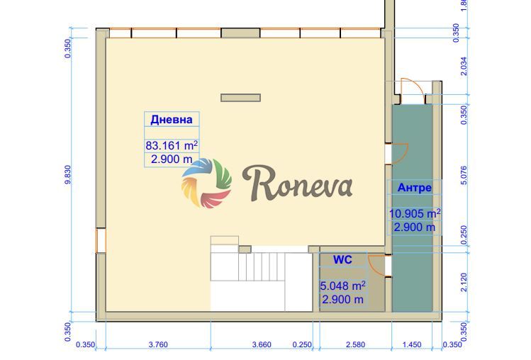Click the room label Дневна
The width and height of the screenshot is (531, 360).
click(x=172, y=120)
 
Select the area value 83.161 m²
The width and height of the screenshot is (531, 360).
click(x=172, y=145)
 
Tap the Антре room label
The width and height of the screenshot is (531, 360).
click(x=415, y=187)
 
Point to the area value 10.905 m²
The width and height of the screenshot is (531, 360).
click(x=415, y=213)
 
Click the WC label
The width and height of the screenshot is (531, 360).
click(x=342, y=260)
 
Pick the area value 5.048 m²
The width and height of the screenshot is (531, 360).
click(x=342, y=286)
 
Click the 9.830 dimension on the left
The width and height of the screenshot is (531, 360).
click(x=68, y=174)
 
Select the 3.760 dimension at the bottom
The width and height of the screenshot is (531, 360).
click(x=158, y=344)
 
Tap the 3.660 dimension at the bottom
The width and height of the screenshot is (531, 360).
click(x=262, y=344)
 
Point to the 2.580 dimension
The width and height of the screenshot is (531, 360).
click(x=356, y=344)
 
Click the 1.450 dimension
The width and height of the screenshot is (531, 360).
click(x=412, y=344)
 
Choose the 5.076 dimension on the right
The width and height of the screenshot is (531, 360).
click(x=464, y=175)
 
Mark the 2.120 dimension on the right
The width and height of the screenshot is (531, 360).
click(x=464, y=282)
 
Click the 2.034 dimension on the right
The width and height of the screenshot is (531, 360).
click(x=464, y=66)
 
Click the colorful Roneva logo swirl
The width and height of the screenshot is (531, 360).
click(x=206, y=183)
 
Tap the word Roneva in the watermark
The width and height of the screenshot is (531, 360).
click(x=297, y=184)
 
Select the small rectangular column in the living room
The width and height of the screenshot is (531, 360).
click(x=241, y=98)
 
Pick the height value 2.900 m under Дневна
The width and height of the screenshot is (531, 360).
click(x=172, y=159)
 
